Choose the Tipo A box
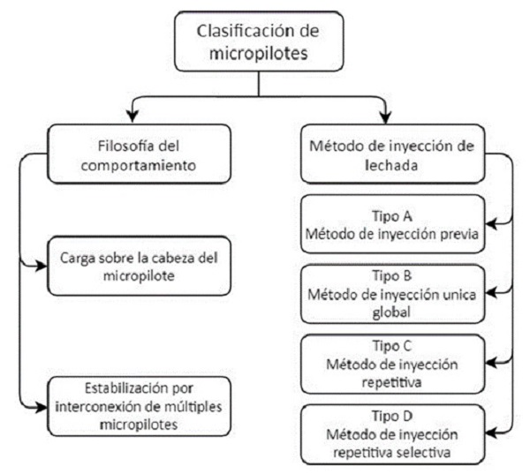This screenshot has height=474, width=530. [390, 224]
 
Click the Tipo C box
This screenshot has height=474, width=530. [390, 362]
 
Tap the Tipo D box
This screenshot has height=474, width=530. [390, 430]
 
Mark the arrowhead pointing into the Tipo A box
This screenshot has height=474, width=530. [489, 227]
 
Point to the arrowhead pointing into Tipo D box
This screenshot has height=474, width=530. [489, 430]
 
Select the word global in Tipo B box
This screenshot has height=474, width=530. [391, 311]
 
